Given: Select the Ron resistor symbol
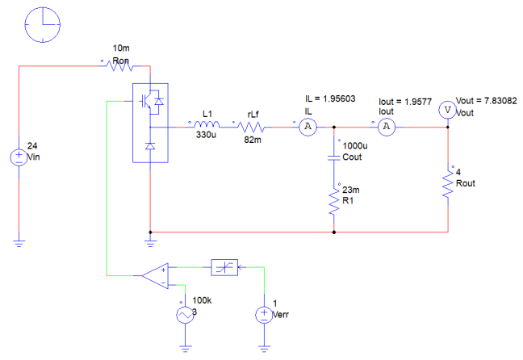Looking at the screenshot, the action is pyautogui.click(x=119, y=65).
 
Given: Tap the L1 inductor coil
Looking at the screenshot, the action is pyautogui.click(x=207, y=124).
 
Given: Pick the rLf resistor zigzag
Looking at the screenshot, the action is pyautogui.click(x=252, y=127).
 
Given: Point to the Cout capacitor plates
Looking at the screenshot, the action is pyautogui.click(x=334, y=157).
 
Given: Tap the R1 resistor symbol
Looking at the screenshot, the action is pyautogui.click(x=334, y=201).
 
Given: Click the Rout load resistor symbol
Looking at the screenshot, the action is pyautogui.click(x=448, y=184).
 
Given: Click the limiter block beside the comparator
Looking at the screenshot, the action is pyautogui.click(x=224, y=267).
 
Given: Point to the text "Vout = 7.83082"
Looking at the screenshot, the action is pyautogui.click(x=487, y=101).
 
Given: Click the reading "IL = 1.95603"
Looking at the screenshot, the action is pyautogui.click(x=330, y=98).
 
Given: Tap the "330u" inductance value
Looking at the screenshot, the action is pyautogui.click(x=206, y=135).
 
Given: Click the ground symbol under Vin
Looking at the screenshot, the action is pyautogui.click(x=19, y=243).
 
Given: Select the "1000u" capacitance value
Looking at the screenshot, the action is pyautogui.click(x=355, y=146).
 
